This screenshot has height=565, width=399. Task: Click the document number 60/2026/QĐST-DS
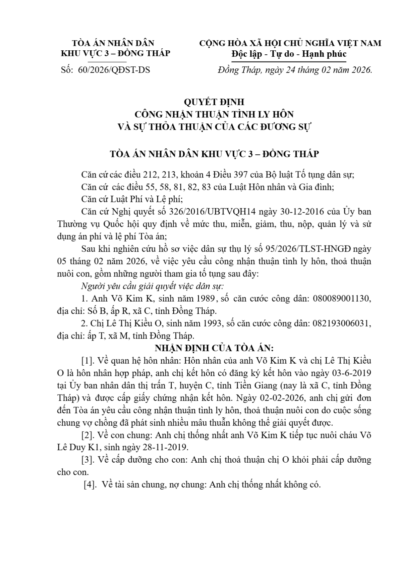pyautogui.click(x=114, y=70)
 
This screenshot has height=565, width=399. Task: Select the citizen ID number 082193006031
pyautogui.click(x=342, y=323)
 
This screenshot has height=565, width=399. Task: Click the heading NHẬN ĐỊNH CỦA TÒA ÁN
pyautogui.click(x=214, y=347)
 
